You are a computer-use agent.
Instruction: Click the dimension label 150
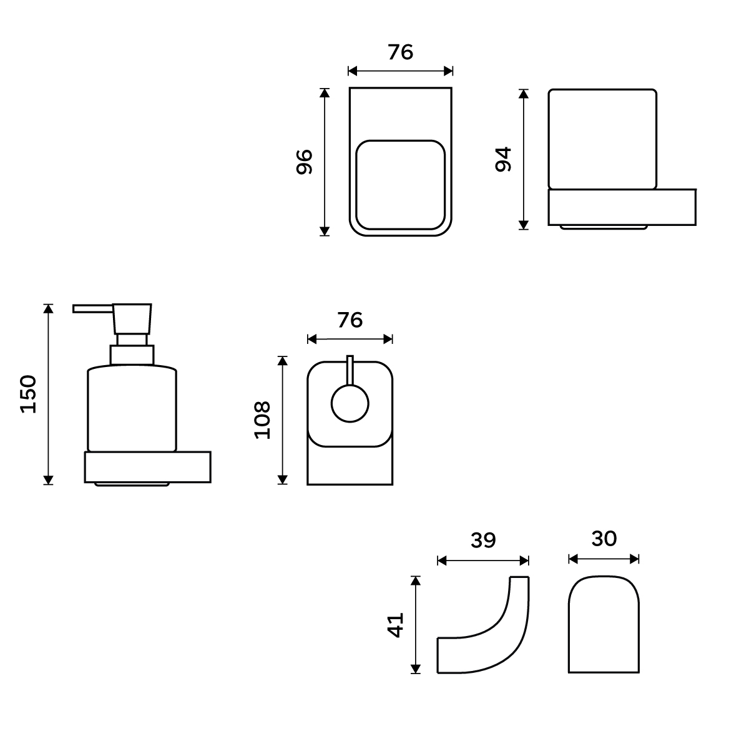(28, 394)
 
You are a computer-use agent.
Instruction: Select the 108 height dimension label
(262, 420)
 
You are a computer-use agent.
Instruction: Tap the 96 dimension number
(305, 162)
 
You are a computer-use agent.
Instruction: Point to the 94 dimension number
(503, 159)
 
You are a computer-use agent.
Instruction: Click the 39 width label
(483, 540)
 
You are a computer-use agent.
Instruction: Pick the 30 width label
(604, 538)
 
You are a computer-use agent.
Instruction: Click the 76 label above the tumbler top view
(400, 52)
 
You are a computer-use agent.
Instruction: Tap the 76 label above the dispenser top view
(350, 320)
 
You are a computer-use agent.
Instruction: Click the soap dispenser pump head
(132, 319)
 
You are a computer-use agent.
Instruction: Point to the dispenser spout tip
(74, 308)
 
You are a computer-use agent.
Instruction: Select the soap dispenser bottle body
(132, 408)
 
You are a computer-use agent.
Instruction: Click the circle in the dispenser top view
(350, 403)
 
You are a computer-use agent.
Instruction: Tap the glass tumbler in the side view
(602, 139)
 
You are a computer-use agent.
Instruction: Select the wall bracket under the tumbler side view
(622, 207)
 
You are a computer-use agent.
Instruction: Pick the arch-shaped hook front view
(604, 624)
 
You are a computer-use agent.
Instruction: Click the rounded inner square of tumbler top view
(400, 185)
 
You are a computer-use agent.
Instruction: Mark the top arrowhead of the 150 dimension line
(48, 308)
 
